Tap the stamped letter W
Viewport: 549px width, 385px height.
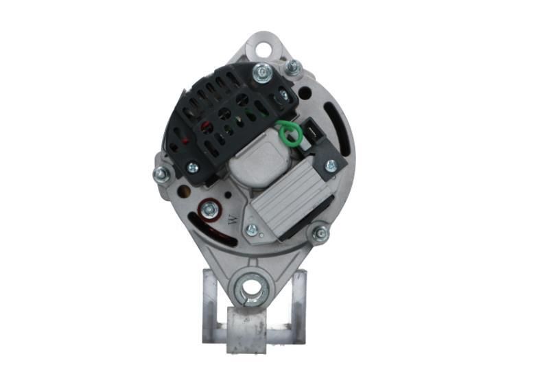tap(233, 220)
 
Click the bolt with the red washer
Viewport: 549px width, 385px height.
tap(210, 209)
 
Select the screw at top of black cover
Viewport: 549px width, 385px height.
tap(262, 74)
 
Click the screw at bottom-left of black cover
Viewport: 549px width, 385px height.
tap(192, 167)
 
